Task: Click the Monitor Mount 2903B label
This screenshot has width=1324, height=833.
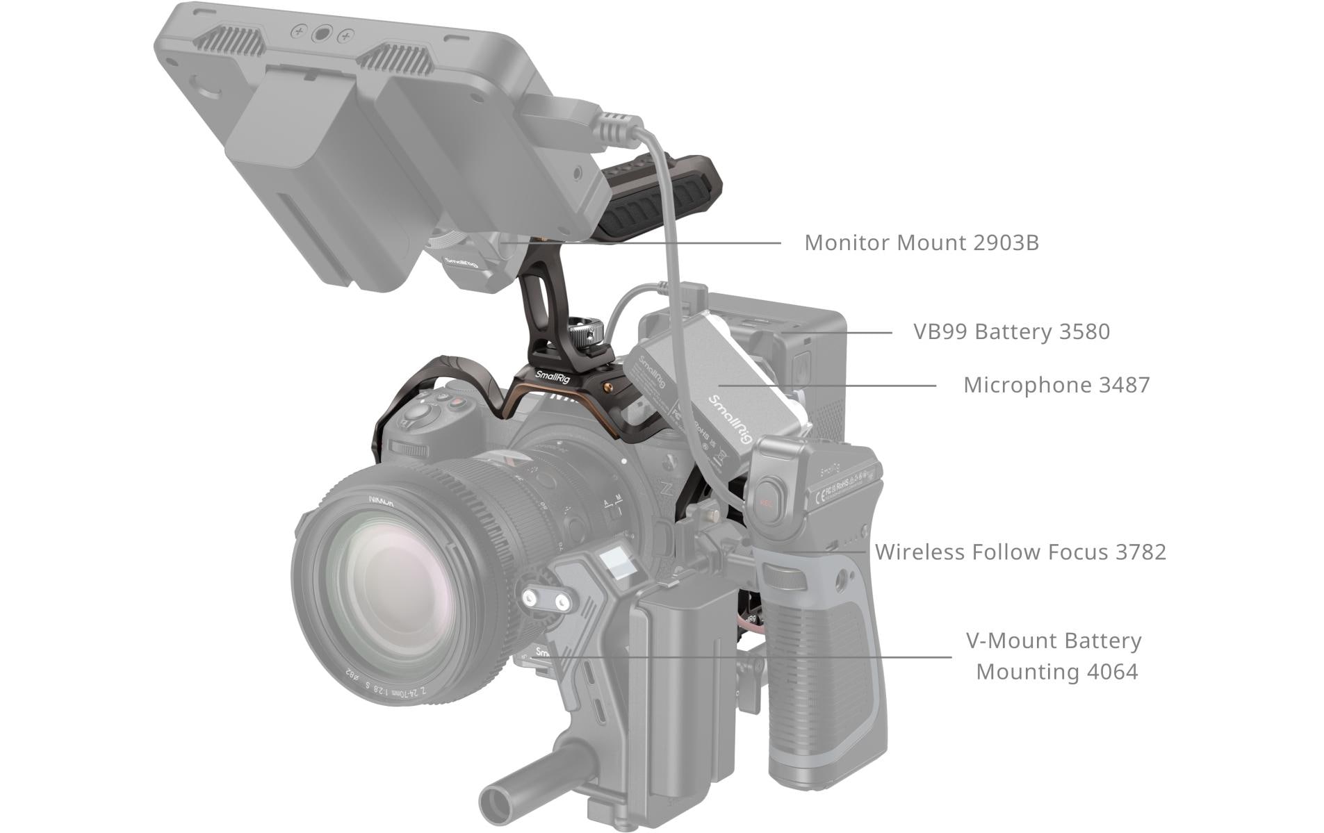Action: pyautogui.click(x=921, y=242)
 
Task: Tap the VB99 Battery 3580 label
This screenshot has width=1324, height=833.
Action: pyautogui.click(x=1011, y=331)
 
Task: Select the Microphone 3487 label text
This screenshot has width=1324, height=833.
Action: pyautogui.click(x=1056, y=385)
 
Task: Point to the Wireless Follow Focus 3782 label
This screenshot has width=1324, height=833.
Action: pyautogui.click(x=1020, y=552)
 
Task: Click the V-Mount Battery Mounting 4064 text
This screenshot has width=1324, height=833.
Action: pyautogui.click(x=1054, y=656)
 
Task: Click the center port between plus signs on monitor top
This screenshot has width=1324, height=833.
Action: pyautogui.click(x=322, y=33)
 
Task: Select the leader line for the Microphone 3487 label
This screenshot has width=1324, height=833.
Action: pyautogui.click(x=827, y=385)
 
